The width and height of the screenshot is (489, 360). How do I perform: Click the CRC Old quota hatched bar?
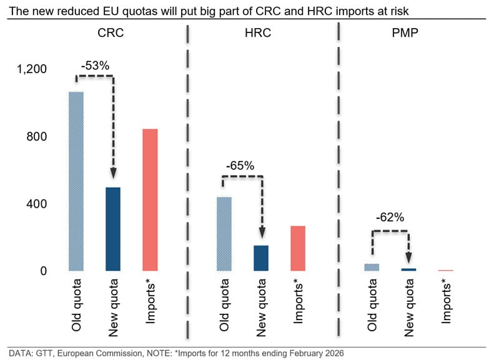pos(76,181)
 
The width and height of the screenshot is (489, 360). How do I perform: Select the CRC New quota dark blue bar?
pos(112,229)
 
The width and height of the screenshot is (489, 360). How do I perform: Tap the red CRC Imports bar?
pos(150,200)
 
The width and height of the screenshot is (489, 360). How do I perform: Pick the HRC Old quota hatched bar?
pos(224,234)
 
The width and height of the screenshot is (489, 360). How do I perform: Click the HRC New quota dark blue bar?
pos(261,258)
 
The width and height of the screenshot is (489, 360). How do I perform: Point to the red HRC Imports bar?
pos(298,248)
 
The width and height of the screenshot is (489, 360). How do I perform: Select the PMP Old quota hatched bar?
pos(372,267)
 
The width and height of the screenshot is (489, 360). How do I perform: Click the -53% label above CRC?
pos(95,64)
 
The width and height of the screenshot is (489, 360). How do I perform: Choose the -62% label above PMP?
pos(390,218)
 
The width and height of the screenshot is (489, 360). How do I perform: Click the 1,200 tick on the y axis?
pos(32,69)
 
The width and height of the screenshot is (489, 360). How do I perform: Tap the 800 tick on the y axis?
pos(36,137)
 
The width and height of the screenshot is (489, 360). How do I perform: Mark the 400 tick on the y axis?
pos(36,204)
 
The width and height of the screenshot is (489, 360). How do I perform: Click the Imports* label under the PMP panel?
pos(447,301)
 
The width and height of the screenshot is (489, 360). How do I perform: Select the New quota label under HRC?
pos(261,306)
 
